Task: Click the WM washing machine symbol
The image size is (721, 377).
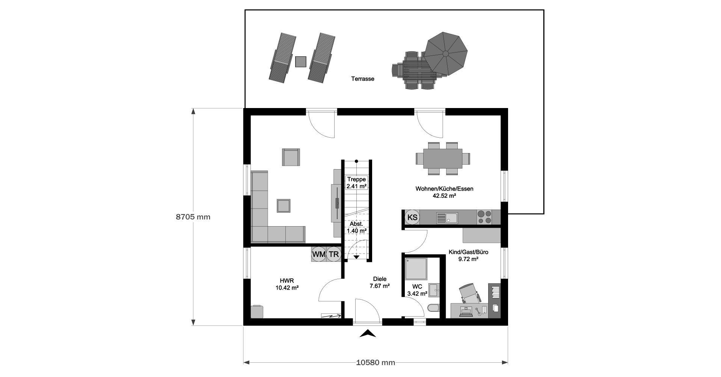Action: pos(319,254)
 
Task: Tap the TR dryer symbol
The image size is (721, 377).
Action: pos(333,254)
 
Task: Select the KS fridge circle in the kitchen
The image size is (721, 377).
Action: pos(412,217)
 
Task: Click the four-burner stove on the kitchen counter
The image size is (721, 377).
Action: pos(484,218)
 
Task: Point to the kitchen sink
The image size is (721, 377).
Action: pos(446,218)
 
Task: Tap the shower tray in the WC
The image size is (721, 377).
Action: pos(416,269)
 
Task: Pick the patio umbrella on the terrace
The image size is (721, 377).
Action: pos(446,54)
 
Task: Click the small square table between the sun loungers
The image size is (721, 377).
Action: pos(301,62)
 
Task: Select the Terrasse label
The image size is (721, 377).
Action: pos(363,79)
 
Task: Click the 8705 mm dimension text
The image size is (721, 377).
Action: pos(193,217)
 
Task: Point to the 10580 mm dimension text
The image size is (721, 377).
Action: pos(376,362)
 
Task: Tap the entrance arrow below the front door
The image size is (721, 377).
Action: pos(368,333)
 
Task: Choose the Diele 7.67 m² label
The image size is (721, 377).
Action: pos(380,282)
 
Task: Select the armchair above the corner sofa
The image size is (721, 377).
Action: pos(291,157)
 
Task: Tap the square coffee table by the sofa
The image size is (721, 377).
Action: pos(284,206)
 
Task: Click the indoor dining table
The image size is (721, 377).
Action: pos(443,159)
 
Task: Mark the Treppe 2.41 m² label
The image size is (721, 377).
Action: pos(356,183)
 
